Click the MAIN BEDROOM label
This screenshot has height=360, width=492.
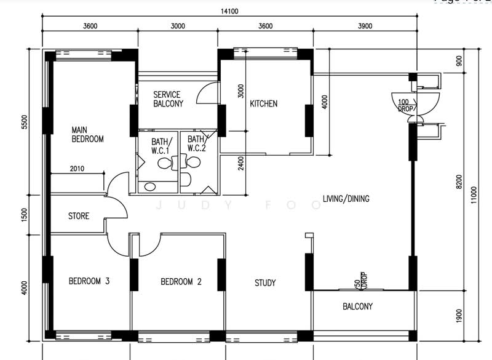(x=87, y=134)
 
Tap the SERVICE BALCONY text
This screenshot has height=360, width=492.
(x=167, y=99)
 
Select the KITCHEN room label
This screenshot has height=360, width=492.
(x=263, y=103)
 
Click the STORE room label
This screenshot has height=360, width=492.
(x=78, y=216)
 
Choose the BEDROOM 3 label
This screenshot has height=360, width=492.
(x=89, y=282)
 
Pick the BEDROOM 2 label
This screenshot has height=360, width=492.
(x=181, y=282)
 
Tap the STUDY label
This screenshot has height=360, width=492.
(x=265, y=283)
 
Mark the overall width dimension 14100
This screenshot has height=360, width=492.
(x=230, y=11)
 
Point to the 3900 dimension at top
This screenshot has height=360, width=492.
(x=365, y=26)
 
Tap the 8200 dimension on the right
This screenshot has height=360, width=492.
(x=458, y=182)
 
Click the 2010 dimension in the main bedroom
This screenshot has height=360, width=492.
(x=77, y=168)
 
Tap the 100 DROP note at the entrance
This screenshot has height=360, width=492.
(x=405, y=105)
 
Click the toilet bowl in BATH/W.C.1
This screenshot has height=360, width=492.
(x=164, y=163)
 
